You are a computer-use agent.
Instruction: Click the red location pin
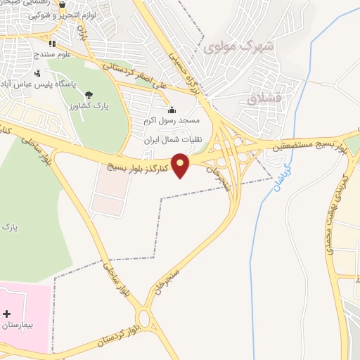click(181, 165)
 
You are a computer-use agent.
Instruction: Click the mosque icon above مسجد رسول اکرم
click(172, 110)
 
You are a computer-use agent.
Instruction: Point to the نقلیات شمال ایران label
click(172, 139)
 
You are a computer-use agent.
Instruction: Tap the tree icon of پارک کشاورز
click(89, 96)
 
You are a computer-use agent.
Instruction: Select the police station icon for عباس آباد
click(37, 72)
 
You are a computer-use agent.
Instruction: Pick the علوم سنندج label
click(52, 54)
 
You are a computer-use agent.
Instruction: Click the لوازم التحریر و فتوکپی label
click(63, 15)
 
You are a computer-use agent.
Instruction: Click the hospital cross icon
click(7, 313)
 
